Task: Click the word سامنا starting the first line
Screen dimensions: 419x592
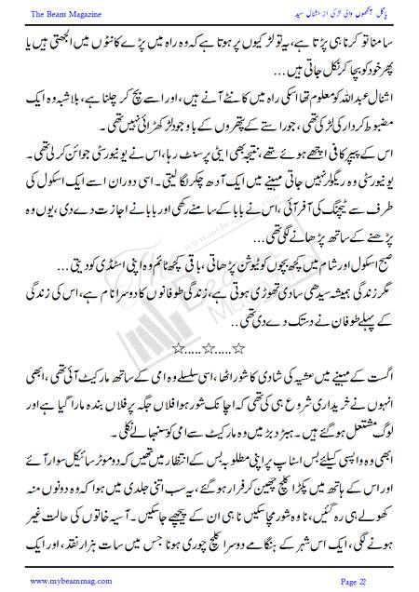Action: (x=379, y=44)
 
